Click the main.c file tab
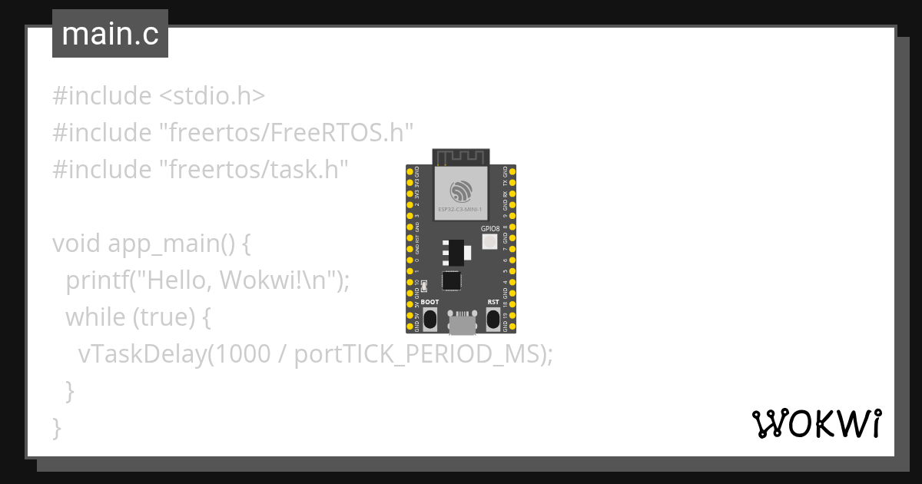tap(110, 34)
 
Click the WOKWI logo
tap(816, 423)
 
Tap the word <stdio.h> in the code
tap(212, 97)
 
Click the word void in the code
tap(77, 244)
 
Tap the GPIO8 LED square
tap(489, 241)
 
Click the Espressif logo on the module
tap(461, 189)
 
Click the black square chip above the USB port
tap(452, 281)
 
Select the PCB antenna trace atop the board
tap(461, 157)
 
